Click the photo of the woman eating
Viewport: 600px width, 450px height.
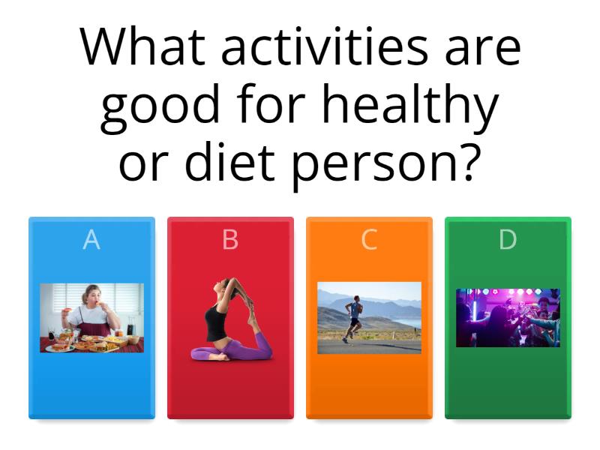(x=91, y=317)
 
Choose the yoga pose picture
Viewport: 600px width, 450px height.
(x=230, y=319)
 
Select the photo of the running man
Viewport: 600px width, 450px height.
(x=369, y=317)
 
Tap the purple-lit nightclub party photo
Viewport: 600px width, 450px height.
(x=508, y=317)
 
